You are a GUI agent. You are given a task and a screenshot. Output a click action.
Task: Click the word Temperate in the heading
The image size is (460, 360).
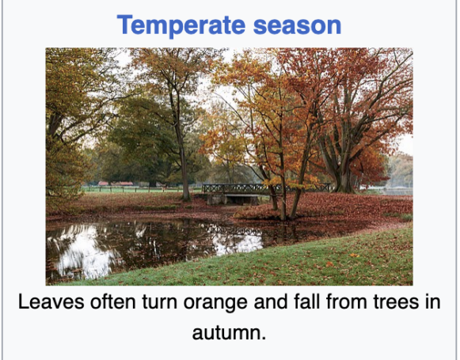point(181,25)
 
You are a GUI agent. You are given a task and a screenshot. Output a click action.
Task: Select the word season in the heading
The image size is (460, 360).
point(297,26)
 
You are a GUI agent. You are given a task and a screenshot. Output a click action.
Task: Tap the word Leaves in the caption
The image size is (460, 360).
point(51,301)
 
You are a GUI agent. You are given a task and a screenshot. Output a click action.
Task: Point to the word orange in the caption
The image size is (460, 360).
point(215,303)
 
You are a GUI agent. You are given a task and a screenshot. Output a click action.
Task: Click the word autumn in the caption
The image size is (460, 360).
point(229,333)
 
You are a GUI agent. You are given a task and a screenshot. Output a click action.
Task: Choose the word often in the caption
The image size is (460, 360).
point(113,301)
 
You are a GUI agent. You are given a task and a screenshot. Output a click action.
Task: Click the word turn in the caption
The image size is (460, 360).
point(160,302)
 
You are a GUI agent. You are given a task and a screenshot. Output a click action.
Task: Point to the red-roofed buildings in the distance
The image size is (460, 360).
point(116,184)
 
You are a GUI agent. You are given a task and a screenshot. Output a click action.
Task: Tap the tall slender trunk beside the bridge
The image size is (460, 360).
point(181,146)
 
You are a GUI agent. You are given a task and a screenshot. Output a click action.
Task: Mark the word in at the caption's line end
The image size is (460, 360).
point(433,301)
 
